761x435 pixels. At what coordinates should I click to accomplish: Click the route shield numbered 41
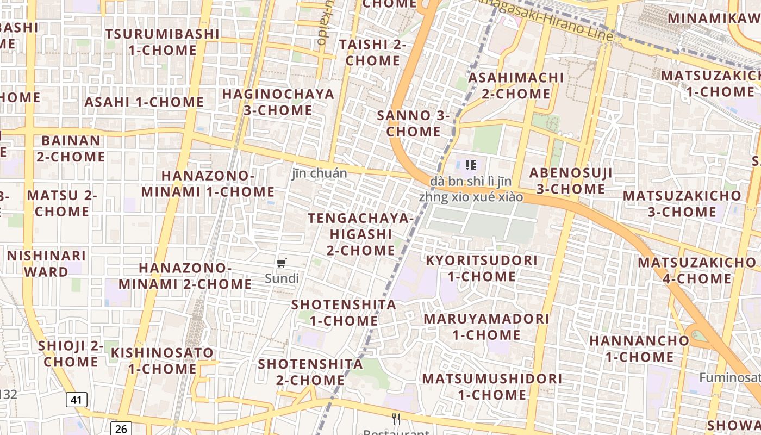[x=77, y=400]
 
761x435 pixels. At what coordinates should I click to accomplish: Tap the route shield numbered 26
[x=121, y=428]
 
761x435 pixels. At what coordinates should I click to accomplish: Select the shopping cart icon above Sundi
[x=281, y=264]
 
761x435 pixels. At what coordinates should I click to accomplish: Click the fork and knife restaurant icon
[x=396, y=419]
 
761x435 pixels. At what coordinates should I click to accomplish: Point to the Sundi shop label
[x=282, y=278]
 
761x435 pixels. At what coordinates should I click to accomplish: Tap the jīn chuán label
[x=320, y=173]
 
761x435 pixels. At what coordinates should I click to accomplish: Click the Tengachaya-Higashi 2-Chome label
[x=360, y=234]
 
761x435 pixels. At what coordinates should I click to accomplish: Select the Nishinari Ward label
[x=46, y=263]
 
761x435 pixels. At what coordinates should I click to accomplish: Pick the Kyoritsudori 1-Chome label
[x=481, y=268]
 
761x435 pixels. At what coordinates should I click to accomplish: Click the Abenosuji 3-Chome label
[x=571, y=181]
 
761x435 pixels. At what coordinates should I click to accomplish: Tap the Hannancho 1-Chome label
[x=639, y=349]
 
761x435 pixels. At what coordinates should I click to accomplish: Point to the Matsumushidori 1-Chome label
[x=492, y=386]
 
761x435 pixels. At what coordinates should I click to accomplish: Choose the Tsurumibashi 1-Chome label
[x=163, y=42]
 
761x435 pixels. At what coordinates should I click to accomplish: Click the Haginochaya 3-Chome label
[x=278, y=102]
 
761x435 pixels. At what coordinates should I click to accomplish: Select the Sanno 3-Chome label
[x=414, y=123]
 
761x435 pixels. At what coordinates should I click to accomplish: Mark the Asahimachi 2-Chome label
[x=516, y=85]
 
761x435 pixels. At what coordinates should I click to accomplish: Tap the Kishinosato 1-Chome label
[x=162, y=361]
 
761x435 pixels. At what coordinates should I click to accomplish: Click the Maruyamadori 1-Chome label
[x=486, y=326]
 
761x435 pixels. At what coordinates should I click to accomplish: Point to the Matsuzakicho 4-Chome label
[x=696, y=270]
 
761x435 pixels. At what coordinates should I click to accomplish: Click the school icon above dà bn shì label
[x=471, y=165]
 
